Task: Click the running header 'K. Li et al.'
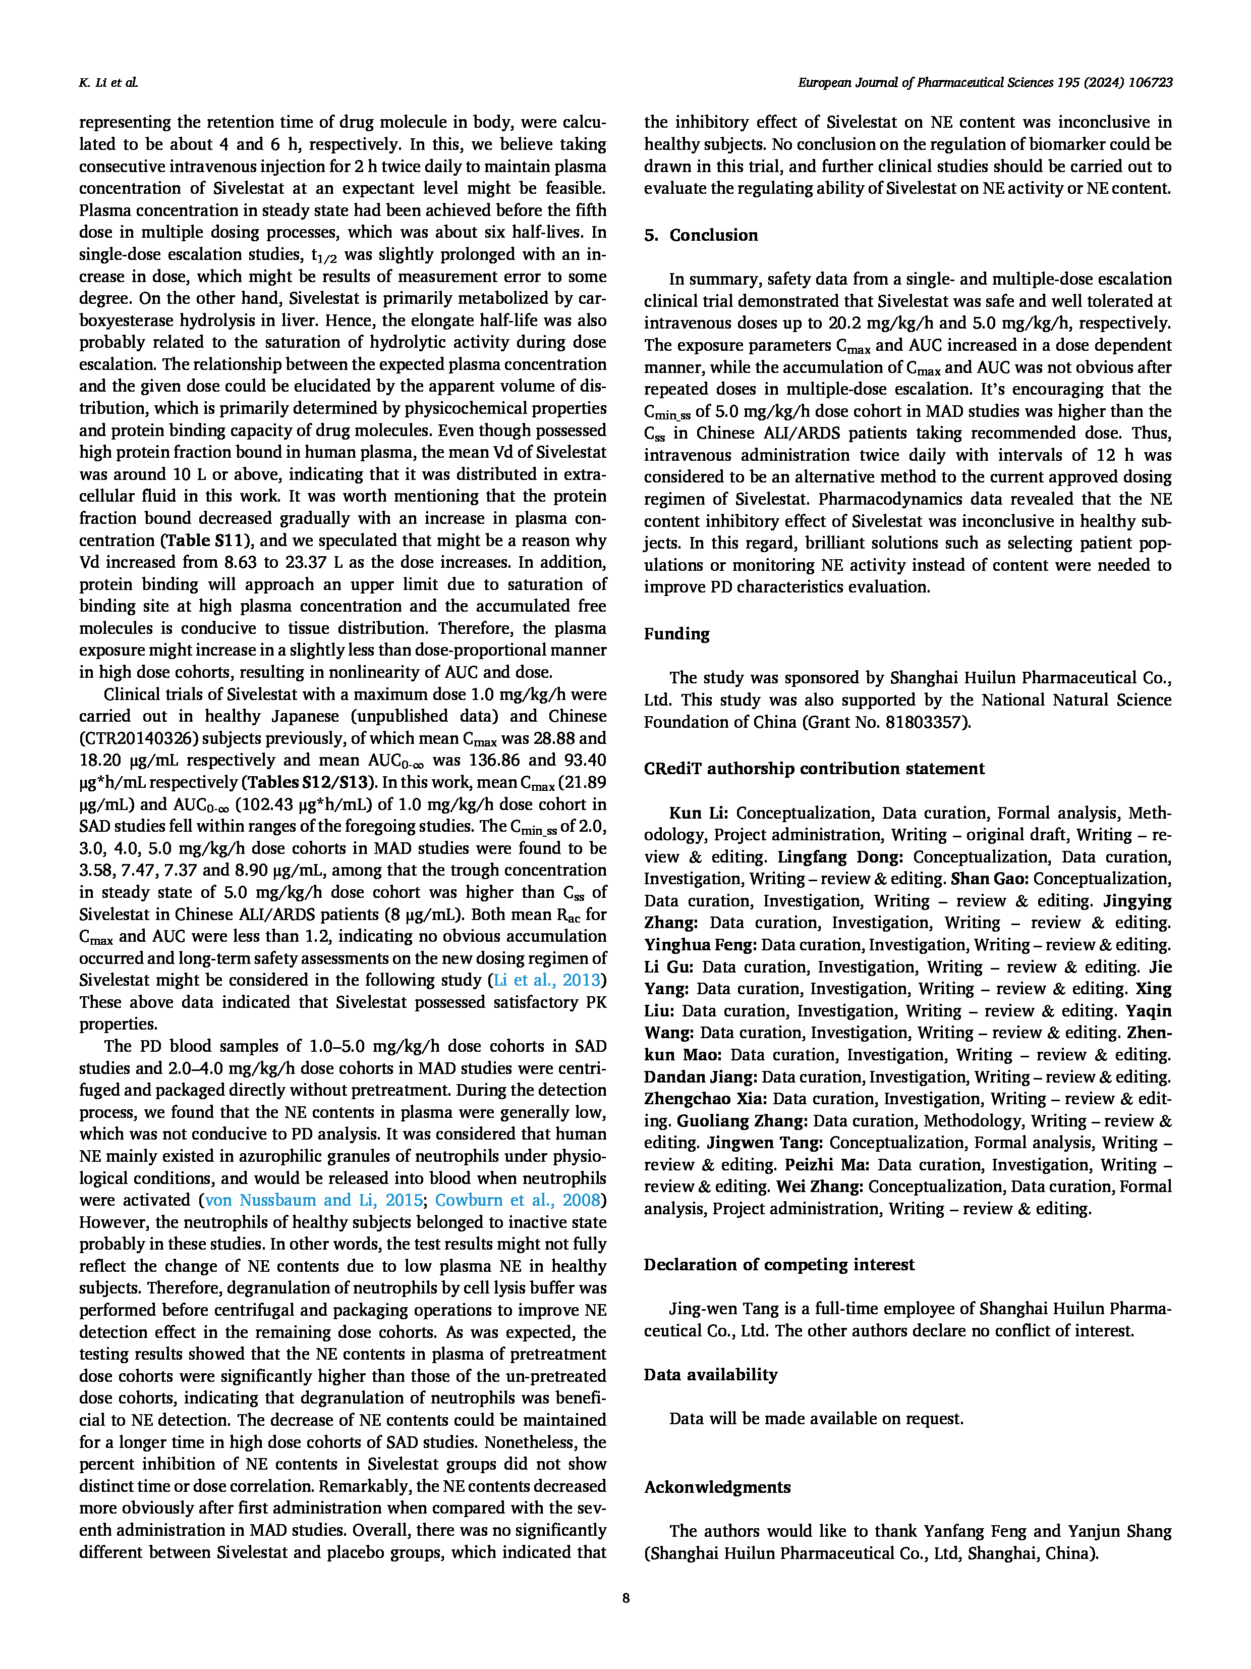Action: [x=108, y=83]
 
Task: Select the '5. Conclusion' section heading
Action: [x=701, y=235]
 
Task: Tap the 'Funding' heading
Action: [x=676, y=634]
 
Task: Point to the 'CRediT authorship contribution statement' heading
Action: [x=814, y=769]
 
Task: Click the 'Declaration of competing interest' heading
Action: [x=779, y=1265]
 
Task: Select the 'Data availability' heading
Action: [x=710, y=1375]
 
